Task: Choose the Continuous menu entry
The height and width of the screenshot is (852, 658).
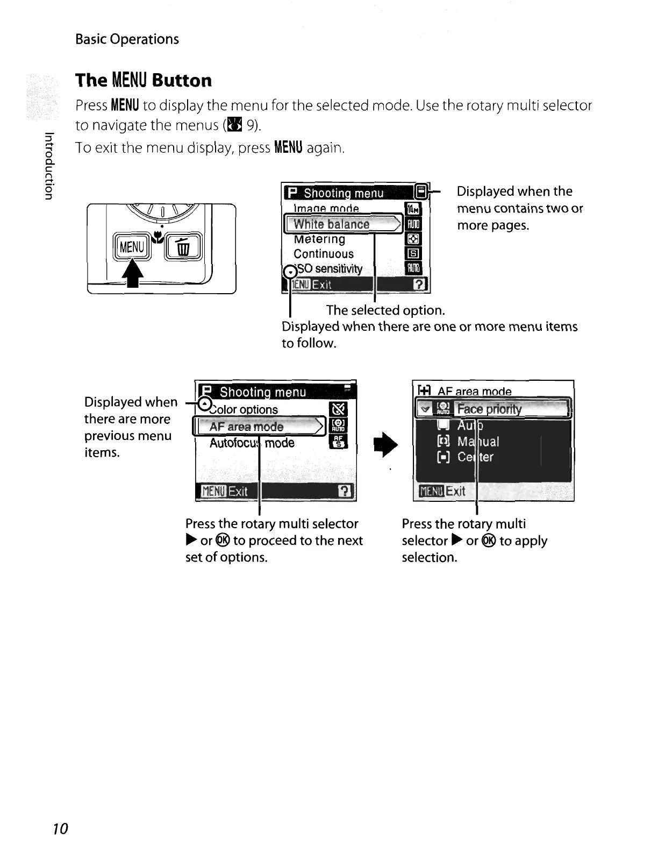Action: (x=324, y=254)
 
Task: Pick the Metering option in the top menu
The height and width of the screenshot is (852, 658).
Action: (x=320, y=239)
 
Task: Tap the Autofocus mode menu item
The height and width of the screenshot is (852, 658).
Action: (x=252, y=443)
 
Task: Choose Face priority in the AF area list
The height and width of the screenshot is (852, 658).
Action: (x=489, y=409)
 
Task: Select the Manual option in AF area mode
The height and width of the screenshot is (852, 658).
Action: (x=477, y=442)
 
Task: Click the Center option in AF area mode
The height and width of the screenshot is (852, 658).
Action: (x=475, y=457)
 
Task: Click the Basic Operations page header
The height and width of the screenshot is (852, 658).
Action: (x=127, y=39)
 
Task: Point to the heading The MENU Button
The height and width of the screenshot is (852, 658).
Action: (x=144, y=81)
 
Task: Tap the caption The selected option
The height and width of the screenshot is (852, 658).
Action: (x=385, y=310)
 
